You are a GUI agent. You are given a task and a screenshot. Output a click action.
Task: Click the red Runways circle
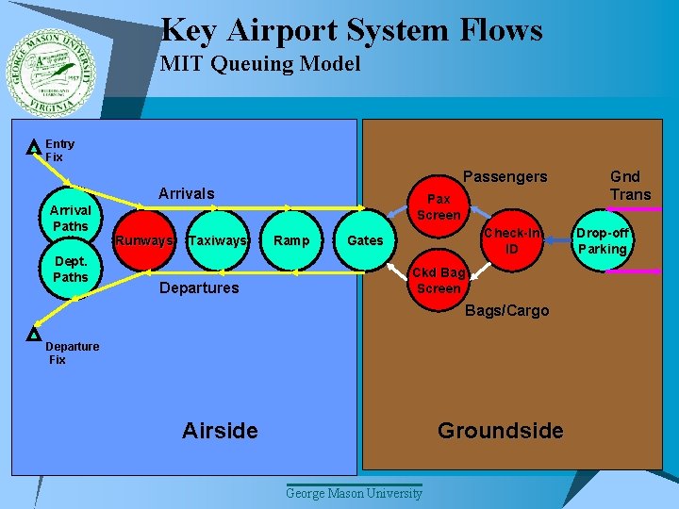[x=143, y=241]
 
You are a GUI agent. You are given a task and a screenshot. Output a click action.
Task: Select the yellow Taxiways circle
[x=218, y=241]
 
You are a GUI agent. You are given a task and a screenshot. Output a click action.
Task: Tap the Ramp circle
[x=290, y=241]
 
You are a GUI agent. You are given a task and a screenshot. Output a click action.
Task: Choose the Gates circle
[x=365, y=241]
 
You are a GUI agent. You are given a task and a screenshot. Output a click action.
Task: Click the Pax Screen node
[x=439, y=206]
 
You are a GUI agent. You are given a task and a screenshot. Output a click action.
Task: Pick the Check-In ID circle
[x=512, y=241]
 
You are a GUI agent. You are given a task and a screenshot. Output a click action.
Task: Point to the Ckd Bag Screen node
[x=439, y=280]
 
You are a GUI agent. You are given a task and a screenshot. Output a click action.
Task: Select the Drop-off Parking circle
[x=602, y=241]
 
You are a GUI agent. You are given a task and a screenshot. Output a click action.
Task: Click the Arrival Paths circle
[x=70, y=219]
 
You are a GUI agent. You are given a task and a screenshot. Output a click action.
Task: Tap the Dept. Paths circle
[x=70, y=270]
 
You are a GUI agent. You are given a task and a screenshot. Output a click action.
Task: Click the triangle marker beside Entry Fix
[x=33, y=147]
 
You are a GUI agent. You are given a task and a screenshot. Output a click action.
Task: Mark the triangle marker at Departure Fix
[x=33, y=334]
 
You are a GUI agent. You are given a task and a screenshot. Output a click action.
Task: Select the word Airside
[x=220, y=431]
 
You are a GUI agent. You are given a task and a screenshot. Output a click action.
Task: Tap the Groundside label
[x=500, y=431]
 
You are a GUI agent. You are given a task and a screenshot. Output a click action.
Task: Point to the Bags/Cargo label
[x=506, y=311]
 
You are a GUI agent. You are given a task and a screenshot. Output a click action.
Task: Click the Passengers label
[x=505, y=177]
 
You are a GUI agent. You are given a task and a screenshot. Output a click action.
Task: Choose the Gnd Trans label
[x=624, y=185]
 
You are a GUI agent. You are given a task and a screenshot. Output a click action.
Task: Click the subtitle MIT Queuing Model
[x=260, y=64]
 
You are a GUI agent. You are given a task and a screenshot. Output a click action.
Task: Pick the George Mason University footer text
[x=355, y=494]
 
